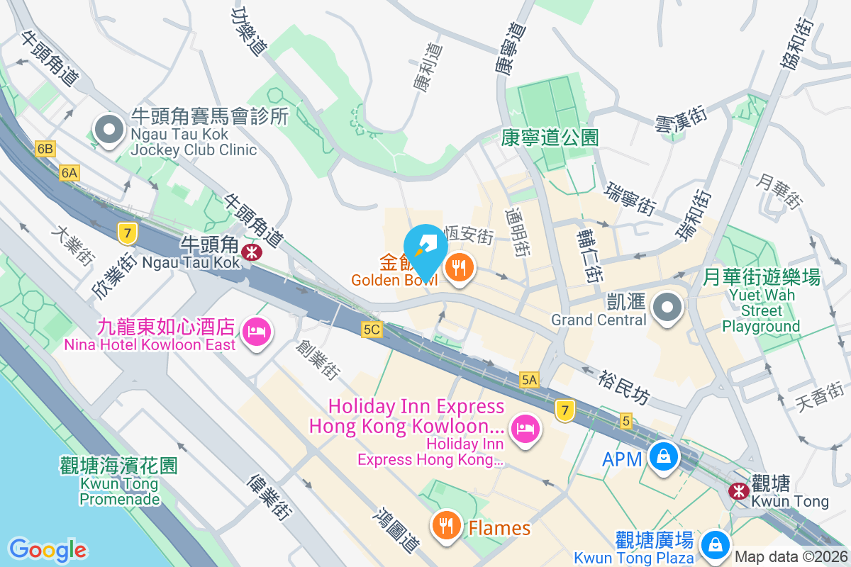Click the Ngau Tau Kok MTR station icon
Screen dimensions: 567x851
pyautogui.click(x=250, y=251)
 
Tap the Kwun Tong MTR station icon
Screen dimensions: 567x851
pyautogui.click(x=739, y=490)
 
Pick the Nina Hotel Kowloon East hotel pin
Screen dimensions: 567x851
pyautogui.click(x=256, y=331)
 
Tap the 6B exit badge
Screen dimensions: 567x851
pyautogui.click(x=45, y=149)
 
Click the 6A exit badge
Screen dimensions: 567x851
pyautogui.click(x=69, y=172)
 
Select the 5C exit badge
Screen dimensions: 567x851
pyautogui.click(x=372, y=330)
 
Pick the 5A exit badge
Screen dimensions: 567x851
pyautogui.click(x=529, y=380)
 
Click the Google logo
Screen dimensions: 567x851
pyautogui.click(x=48, y=550)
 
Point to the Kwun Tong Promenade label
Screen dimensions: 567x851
pyautogui.click(x=118, y=483)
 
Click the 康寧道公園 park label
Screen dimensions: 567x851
pyautogui.click(x=550, y=137)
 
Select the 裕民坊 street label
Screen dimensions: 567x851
pyautogui.click(x=623, y=388)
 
